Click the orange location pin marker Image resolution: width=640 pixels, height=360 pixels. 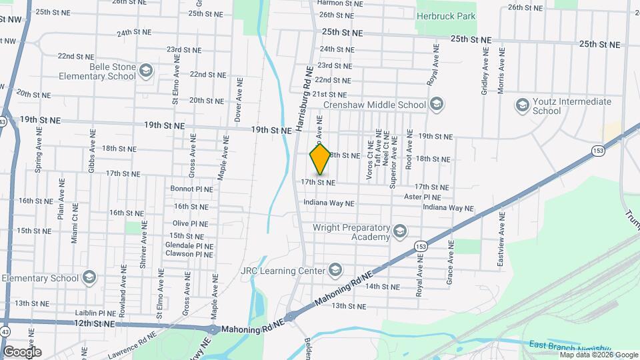point(320,159)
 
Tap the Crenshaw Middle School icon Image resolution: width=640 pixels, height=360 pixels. point(436,104)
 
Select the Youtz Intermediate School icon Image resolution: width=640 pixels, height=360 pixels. point(523,105)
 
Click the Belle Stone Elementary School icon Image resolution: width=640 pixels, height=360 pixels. point(145,70)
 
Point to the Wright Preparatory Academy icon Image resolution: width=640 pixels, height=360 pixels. point(399,231)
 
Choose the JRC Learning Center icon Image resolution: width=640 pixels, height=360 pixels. point(335,270)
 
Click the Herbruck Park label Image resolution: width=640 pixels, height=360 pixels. point(446,15)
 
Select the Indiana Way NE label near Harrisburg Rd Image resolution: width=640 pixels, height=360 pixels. point(329,203)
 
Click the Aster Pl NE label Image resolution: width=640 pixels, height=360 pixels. point(423,197)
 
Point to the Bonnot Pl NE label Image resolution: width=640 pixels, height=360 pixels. point(191,189)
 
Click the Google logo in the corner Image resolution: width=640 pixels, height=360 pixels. point(22,351)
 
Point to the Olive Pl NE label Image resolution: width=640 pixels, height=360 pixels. point(190,223)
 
